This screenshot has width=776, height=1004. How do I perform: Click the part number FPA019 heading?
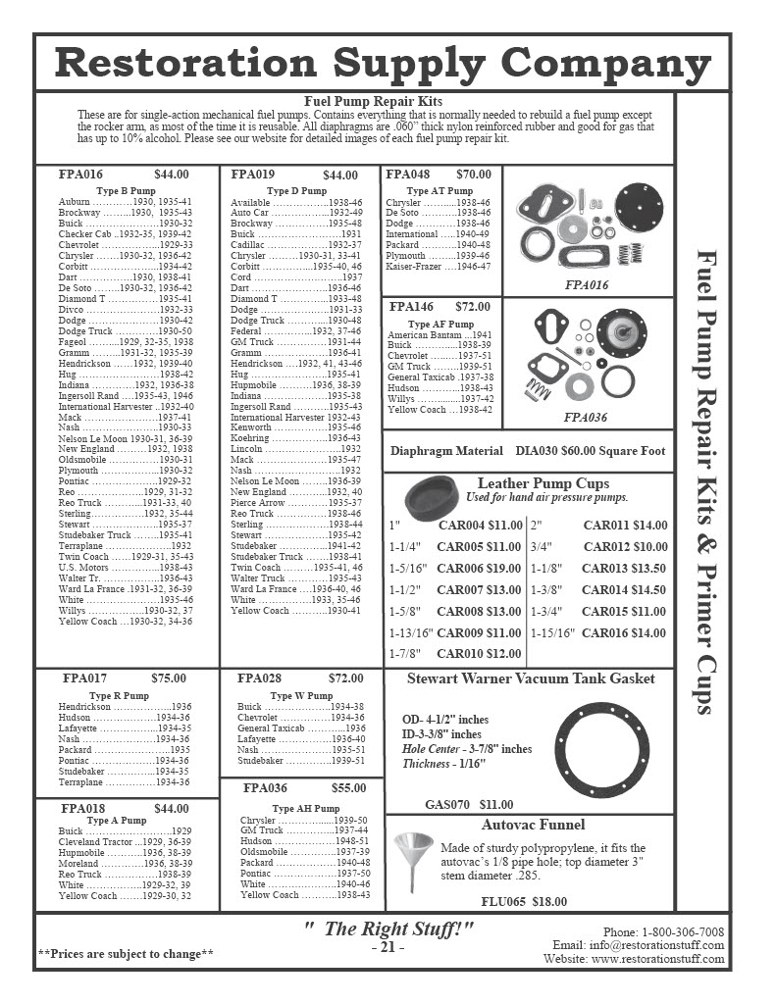click(x=252, y=175)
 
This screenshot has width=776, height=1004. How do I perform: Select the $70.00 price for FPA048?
click(x=473, y=175)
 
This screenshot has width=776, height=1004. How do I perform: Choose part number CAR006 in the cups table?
click(x=465, y=569)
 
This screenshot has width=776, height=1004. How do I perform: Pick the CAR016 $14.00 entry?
click(x=624, y=633)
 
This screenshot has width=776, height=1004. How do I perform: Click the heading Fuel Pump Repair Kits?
click(x=374, y=101)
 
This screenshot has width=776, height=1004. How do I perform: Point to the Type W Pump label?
click(x=300, y=695)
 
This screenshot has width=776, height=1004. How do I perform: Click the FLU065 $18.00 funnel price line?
click(x=523, y=902)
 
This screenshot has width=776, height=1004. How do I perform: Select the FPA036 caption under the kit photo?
click(x=586, y=417)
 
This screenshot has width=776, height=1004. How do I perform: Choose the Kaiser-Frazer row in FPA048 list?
click(x=438, y=267)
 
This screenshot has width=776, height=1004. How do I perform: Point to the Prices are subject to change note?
click(x=126, y=953)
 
